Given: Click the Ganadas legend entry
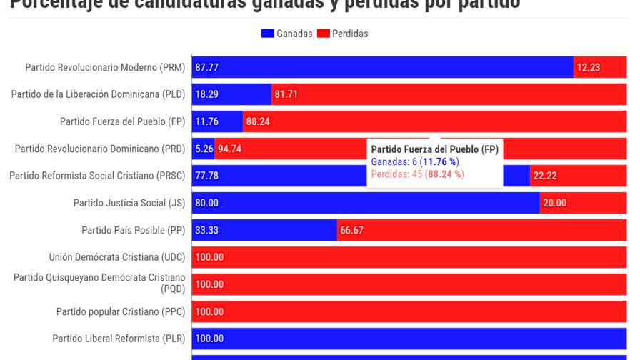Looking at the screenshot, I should point(287,34).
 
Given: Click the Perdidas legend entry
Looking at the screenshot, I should point(343,34).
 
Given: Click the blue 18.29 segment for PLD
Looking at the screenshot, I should point(231,94).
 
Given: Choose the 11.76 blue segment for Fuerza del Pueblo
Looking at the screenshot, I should point(217,121).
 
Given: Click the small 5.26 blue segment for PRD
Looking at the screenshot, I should point(204,149).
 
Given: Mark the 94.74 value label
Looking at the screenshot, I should point(229,149).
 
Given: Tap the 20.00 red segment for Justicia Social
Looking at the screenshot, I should point(583,203).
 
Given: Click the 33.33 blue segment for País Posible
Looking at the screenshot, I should point(264,230).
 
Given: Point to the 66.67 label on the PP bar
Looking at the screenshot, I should point(351,230).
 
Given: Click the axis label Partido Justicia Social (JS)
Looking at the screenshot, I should point(129,203).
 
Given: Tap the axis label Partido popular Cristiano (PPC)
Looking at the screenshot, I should point(121,311).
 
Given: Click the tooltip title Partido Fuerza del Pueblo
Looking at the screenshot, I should point(434,149).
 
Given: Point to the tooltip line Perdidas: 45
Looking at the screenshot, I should point(417,174).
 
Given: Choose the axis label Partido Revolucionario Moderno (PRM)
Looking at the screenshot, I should point(105,67).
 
